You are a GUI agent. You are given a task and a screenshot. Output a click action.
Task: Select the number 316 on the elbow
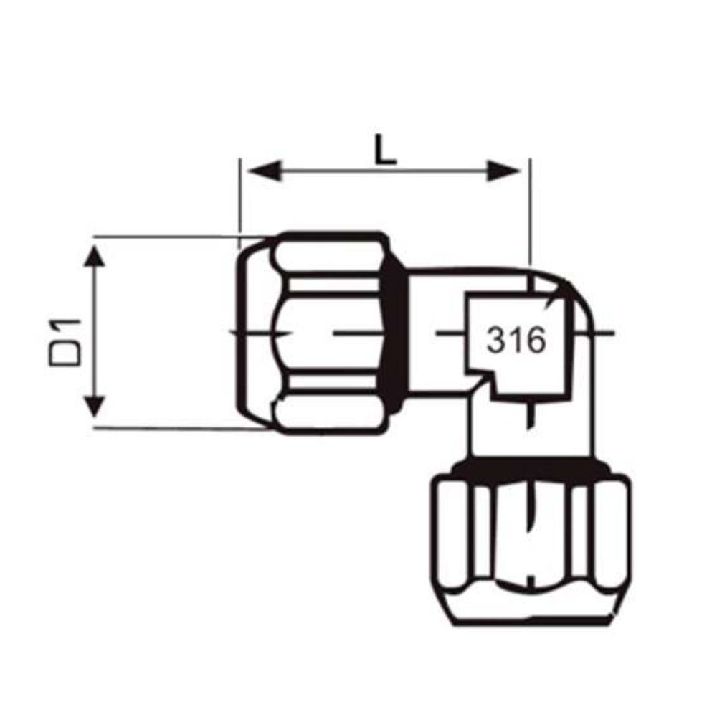(x=516, y=341)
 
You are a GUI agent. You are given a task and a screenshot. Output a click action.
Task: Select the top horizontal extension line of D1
(x=179, y=236)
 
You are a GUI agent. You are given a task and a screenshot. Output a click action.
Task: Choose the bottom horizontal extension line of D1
(x=179, y=429)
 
